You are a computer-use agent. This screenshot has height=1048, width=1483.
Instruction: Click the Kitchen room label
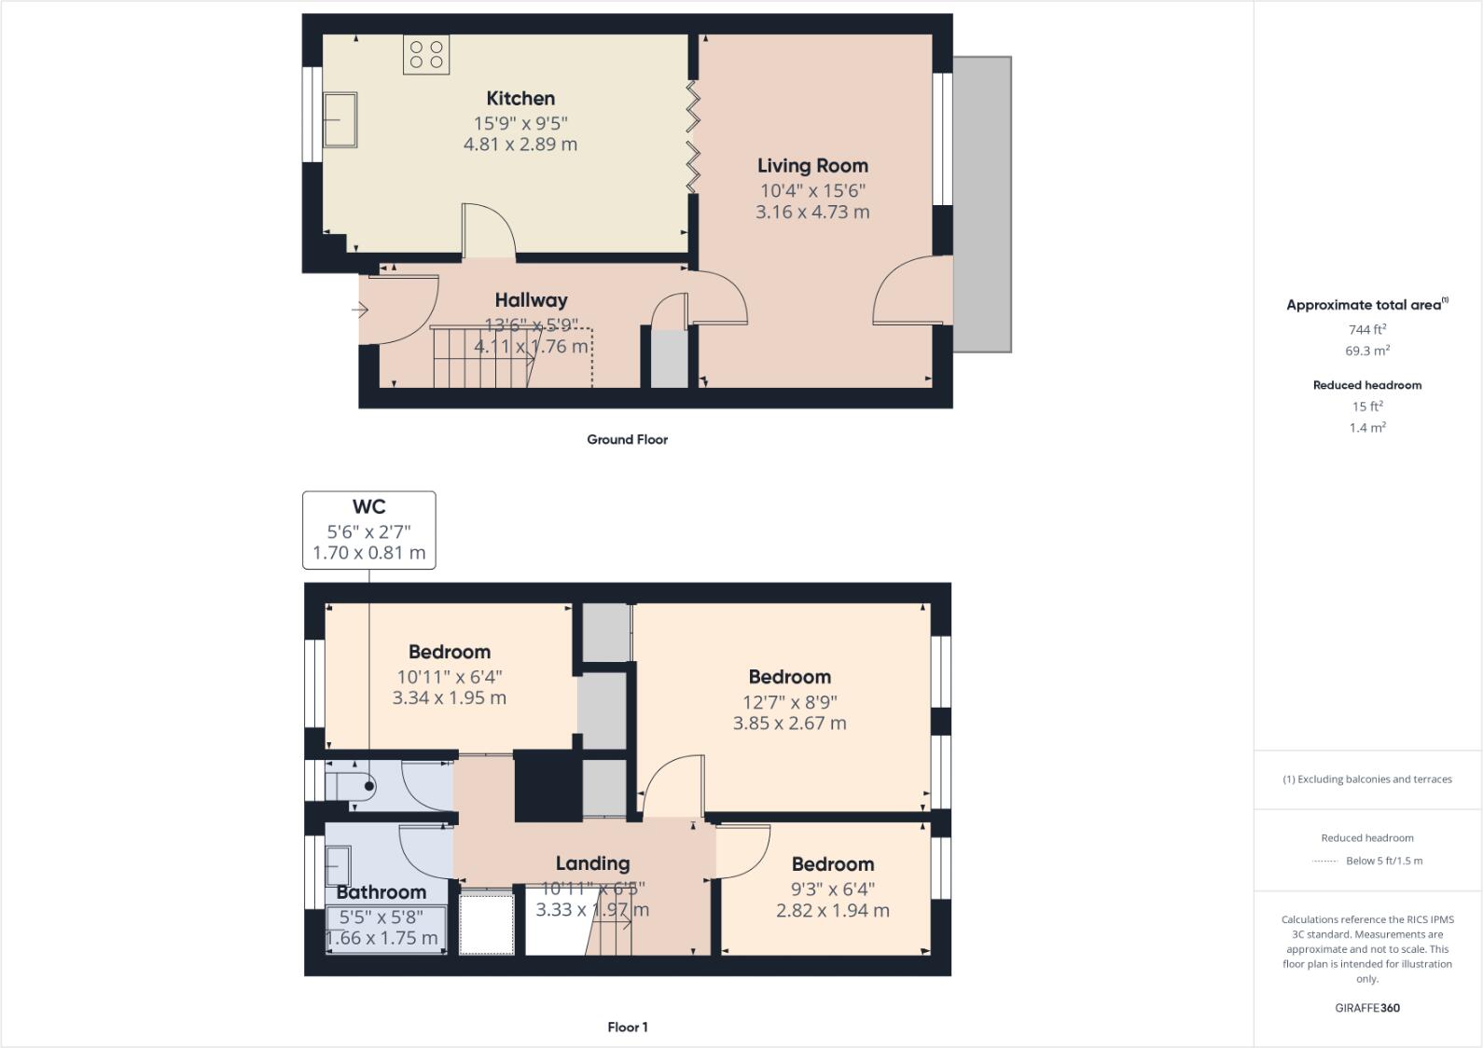520,98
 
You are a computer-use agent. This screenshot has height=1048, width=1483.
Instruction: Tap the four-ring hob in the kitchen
426,54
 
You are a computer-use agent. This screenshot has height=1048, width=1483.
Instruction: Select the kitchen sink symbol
340,119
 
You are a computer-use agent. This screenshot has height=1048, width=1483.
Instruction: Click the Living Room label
812,165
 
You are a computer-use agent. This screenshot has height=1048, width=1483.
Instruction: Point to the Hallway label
531,300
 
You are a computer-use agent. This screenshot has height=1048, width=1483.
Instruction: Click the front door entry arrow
360,310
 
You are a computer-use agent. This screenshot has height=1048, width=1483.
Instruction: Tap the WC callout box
368,530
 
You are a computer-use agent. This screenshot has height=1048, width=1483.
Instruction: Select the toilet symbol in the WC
351,785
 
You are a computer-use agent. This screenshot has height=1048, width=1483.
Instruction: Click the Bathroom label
381,892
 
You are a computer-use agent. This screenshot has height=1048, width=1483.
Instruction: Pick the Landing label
592,863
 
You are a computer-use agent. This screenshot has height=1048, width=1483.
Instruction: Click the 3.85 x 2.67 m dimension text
789,724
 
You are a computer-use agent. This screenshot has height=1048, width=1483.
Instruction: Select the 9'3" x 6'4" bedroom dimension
832,889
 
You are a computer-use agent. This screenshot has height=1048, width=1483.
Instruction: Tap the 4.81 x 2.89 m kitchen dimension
520,145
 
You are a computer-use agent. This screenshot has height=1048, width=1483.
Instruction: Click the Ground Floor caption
627,439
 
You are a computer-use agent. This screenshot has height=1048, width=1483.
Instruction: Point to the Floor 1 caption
627,1027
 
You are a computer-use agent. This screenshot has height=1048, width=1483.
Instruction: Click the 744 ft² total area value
1366,329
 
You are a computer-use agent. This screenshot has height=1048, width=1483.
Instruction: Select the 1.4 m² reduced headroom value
1366,428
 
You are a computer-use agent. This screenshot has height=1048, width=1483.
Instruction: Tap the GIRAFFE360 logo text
1366,1008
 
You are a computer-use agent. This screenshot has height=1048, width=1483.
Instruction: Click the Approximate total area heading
1365,305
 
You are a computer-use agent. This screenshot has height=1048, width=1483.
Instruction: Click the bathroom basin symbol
337,864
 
